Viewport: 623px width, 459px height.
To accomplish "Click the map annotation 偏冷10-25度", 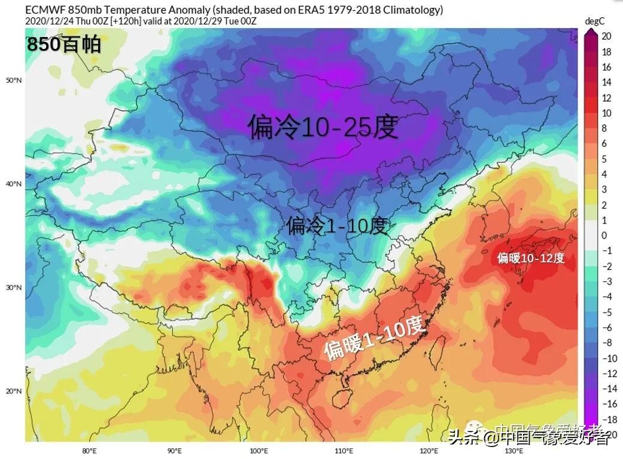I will coord(323,127).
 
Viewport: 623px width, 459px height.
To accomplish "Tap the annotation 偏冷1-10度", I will coord(338,226).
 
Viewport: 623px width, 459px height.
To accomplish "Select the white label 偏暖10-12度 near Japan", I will coord(531,258).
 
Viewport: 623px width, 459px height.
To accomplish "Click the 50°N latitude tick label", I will coord(14,80).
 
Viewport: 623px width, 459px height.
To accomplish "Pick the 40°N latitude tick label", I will coord(14,184).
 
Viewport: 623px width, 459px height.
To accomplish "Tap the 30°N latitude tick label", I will coord(14,287).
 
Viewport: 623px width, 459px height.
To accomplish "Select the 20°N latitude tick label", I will coord(14,391).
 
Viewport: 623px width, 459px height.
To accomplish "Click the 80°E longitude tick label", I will coord(89,451).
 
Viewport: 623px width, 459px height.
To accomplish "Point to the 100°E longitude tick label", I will coord(259,451).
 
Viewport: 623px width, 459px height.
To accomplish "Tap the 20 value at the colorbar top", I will coord(606,36).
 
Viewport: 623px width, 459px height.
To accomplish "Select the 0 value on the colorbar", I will coord(604,235).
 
